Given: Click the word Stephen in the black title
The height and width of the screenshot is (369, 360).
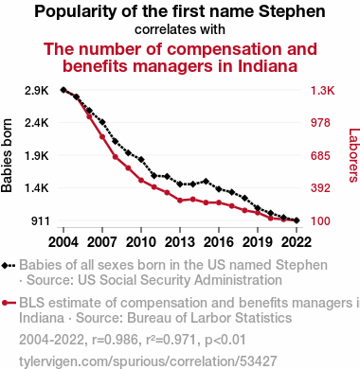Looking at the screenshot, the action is (292, 12).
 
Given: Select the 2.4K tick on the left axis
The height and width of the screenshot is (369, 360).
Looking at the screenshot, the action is (37, 123).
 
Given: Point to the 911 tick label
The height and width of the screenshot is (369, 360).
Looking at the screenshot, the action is (41, 221).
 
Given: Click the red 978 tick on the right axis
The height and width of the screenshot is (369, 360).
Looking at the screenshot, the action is (320, 123).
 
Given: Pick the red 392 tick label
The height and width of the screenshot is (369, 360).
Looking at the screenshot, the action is (320, 188).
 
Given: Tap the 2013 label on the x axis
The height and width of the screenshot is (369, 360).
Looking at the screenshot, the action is (180, 242).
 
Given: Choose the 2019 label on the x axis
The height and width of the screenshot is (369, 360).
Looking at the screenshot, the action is (258, 242).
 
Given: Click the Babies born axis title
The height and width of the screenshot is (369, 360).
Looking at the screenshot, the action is (7, 155).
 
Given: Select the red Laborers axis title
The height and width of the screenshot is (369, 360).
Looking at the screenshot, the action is (354, 155).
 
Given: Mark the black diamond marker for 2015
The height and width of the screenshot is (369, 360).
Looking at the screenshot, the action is (206, 182).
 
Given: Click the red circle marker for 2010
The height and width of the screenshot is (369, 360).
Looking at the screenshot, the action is (141, 181).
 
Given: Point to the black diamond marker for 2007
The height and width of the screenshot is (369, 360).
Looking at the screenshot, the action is (102, 122).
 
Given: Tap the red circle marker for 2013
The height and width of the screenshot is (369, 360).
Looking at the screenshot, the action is (180, 201).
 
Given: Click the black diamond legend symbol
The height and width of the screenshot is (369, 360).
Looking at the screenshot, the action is (9, 266).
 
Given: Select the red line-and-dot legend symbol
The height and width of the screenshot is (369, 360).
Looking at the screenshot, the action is (9, 304).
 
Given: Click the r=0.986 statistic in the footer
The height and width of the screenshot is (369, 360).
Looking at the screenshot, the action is (115, 340).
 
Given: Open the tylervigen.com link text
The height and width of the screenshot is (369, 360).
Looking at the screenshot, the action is (148, 361).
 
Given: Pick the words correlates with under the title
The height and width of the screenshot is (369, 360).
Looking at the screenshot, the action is (180, 29).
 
